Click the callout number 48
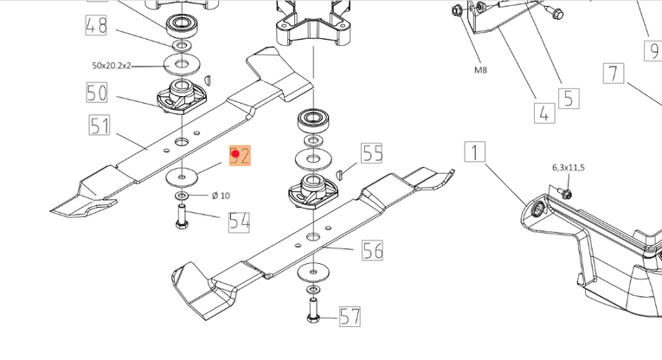click(x=96, y=26)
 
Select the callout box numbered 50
click(x=96, y=92)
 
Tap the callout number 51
click(x=100, y=126)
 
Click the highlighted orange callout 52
click(x=240, y=156)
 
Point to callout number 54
click(x=240, y=222)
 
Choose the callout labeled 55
click(x=372, y=154)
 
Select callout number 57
click(x=350, y=316)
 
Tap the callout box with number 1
click(x=474, y=154)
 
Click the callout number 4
click(x=543, y=112)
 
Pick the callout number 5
click(x=568, y=98)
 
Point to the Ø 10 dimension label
click(x=221, y=196)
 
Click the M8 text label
click(x=480, y=69)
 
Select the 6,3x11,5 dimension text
click(x=568, y=167)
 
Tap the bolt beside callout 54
click(x=183, y=222)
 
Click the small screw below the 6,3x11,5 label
click(x=563, y=193)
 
